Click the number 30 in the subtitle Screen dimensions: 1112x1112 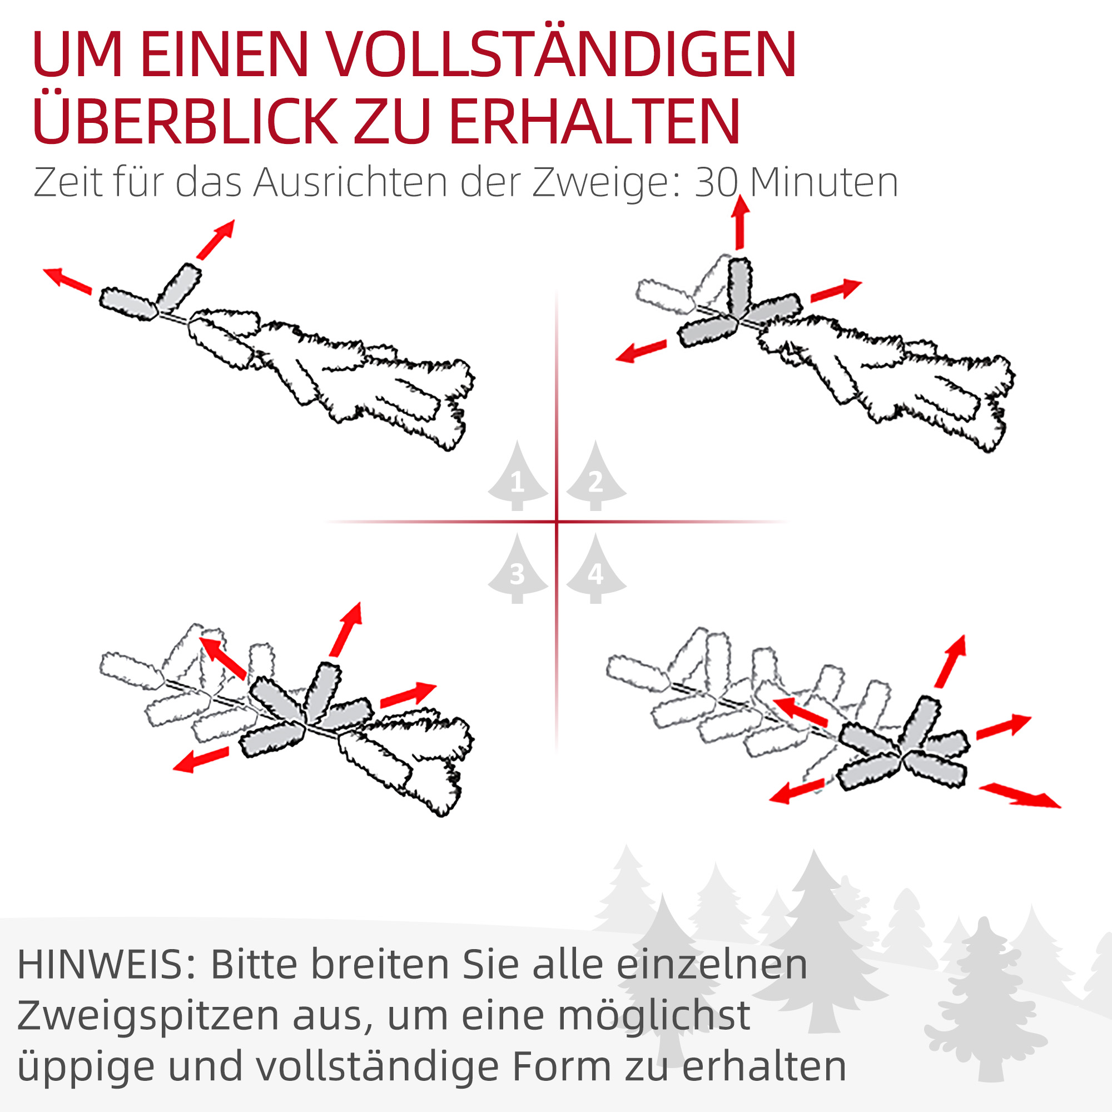tap(717, 183)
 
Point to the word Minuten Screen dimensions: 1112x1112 tap(823, 183)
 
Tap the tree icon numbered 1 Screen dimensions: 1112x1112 tap(518, 478)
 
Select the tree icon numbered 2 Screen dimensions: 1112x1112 tap(595, 478)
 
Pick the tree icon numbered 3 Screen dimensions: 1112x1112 tap(518, 570)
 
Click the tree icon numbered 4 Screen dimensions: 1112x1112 tap(595, 570)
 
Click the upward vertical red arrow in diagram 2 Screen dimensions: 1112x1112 tap(740, 222)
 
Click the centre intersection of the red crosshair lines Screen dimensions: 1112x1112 tap(557, 522)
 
